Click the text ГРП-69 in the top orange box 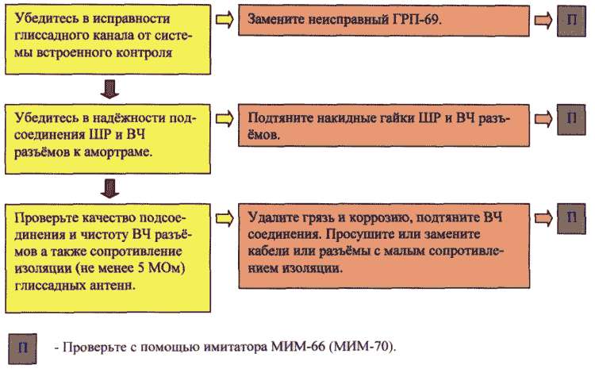tap(415, 19)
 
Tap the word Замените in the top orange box tap(276, 19)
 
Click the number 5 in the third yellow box tap(141, 268)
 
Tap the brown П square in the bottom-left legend tap(23, 348)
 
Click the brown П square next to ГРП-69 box tap(571, 21)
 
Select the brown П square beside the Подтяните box tap(571, 120)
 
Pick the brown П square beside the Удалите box tap(571, 219)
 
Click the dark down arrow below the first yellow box tap(109, 89)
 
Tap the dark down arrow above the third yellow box tap(109, 188)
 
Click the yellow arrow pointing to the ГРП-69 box tap(225, 20)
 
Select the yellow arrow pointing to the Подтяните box tap(225, 119)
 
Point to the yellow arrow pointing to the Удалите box tap(225, 219)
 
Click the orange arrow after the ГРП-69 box tap(543, 20)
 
